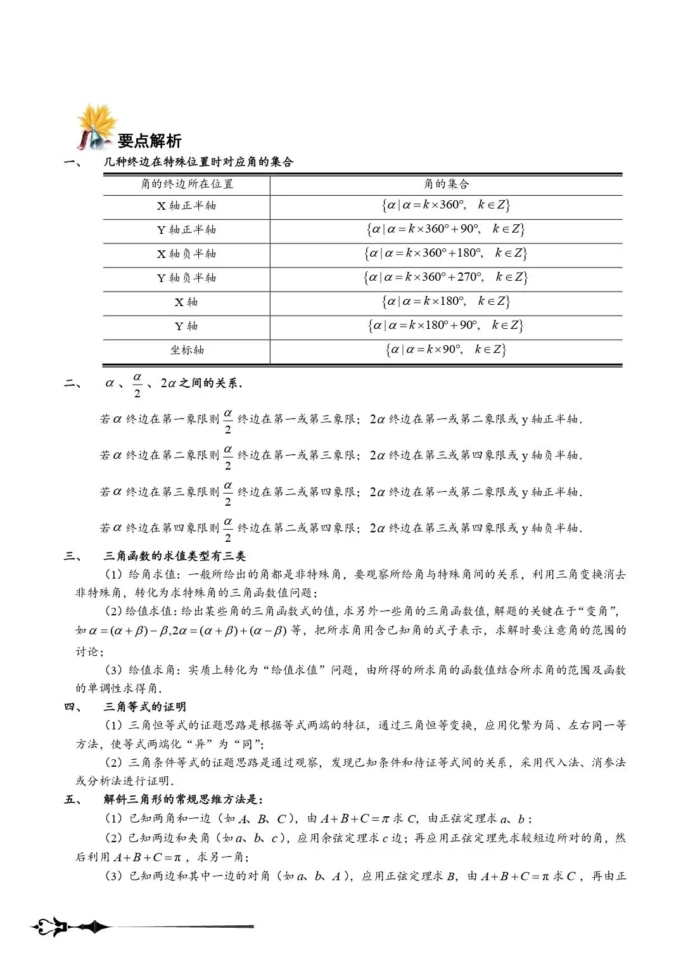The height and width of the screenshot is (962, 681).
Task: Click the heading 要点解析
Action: tap(150, 141)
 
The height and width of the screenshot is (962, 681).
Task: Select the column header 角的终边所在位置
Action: tap(187, 184)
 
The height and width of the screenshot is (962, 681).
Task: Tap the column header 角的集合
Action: tap(446, 184)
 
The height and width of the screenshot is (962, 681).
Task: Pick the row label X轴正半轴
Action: tap(186, 205)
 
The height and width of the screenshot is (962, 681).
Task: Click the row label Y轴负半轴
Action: tap(186, 278)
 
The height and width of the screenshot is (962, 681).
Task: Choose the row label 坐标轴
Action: tap(187, 350)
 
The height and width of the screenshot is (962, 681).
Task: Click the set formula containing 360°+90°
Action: tap(446, 229)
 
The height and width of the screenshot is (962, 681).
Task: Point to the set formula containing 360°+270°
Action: tap(446, 277)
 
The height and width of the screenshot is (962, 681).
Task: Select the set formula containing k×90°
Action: tap(446, 349)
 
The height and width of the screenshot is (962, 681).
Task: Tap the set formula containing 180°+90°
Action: tap(446, 325)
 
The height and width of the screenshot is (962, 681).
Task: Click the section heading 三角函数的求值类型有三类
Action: tap(175, 556)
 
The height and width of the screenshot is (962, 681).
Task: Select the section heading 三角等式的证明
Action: tap(145, 707)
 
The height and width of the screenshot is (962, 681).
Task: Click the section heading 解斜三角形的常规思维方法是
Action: tap(184, 799)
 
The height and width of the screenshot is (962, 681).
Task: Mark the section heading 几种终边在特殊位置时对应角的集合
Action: tap(199, 162)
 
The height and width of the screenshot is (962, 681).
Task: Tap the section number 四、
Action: tap(72, 707)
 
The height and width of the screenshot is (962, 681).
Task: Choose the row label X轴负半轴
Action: tap(186, 253)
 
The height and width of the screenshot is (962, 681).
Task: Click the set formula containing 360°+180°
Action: tap(446, 253)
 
